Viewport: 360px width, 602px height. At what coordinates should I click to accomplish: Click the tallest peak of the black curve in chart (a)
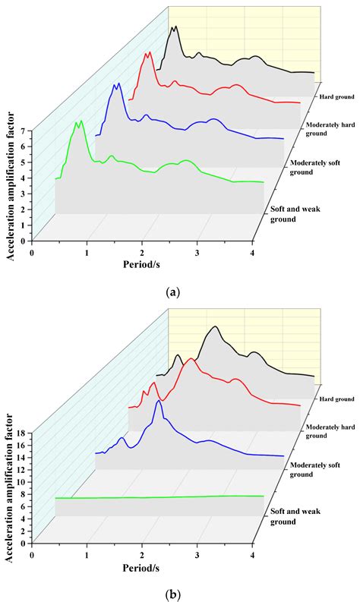[175, 27]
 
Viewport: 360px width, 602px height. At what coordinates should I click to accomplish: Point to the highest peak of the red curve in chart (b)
[191, 359]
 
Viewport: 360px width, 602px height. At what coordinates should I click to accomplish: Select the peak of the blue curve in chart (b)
[158, 401]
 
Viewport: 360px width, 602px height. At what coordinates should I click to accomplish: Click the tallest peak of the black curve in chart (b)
[216, 327]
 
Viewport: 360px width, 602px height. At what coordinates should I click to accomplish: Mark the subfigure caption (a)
[180, 291]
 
